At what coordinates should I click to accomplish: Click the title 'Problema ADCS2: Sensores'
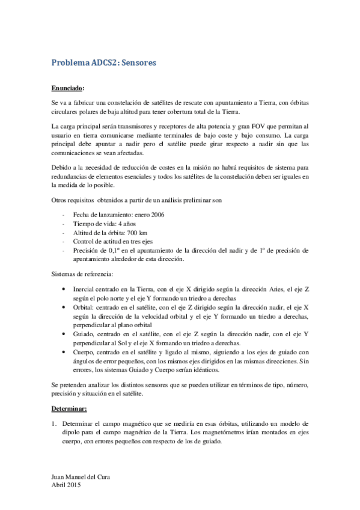(104, 62)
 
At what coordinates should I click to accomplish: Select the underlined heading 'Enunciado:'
(68, 87)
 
